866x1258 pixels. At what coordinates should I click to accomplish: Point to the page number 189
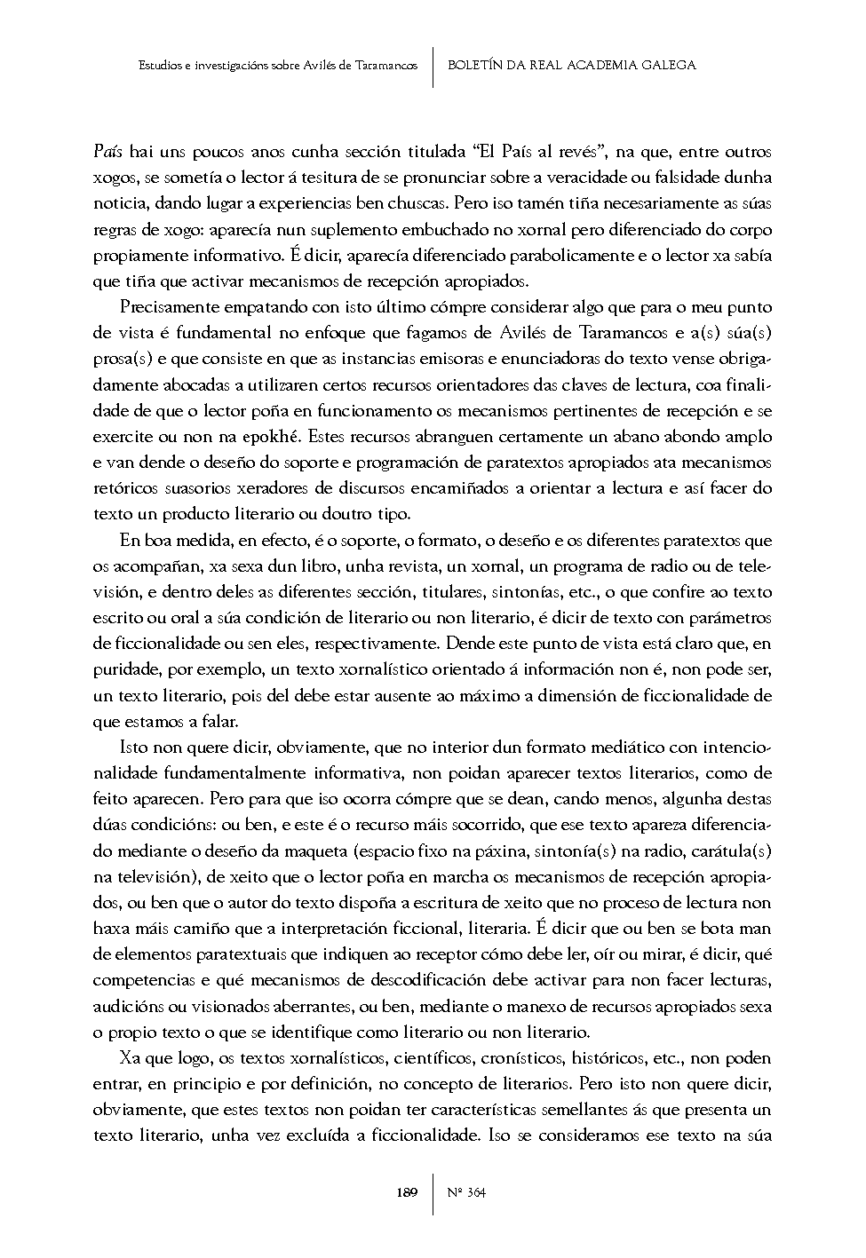[408, 1192]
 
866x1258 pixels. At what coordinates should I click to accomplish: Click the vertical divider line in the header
[433, 67]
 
